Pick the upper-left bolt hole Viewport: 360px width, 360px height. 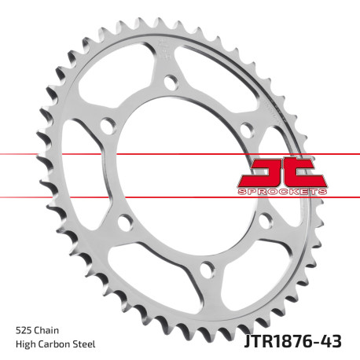[107, 123]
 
